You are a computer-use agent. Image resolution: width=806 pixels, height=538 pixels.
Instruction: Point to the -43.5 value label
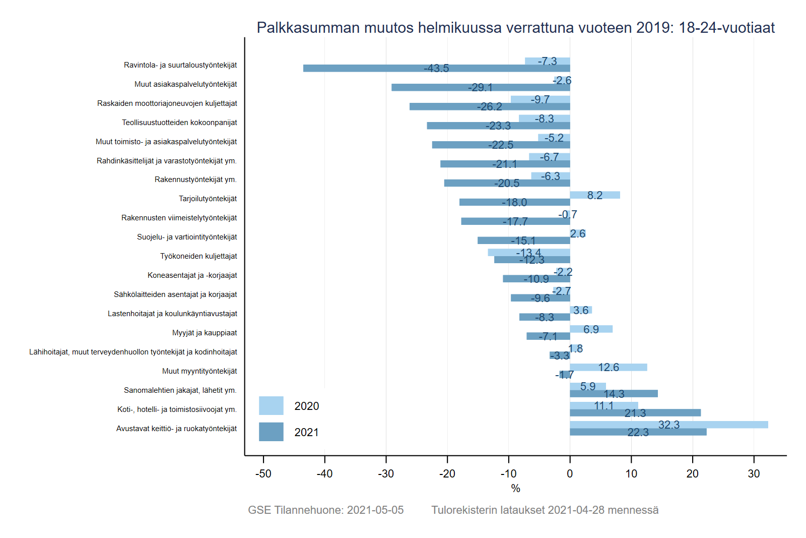pyautogui.click(x=436, y=69)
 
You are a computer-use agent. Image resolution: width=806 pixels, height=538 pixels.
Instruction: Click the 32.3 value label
pyautogui.click(x=668, y=425)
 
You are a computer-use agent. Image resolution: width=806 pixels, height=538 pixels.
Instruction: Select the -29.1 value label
pyautogui.click(x=480, y=88)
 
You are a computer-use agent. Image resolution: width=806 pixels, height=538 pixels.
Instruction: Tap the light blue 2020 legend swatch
pyautogui.click(x=271, y=405)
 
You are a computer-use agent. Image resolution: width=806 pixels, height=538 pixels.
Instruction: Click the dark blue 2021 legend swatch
pyautogui.click(x=271, y=432)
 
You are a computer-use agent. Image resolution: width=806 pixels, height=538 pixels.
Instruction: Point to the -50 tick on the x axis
pyautogui.click(x=263, y=474)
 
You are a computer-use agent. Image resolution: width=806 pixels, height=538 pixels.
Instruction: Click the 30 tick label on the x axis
pyautogui.click(x=754, y=474)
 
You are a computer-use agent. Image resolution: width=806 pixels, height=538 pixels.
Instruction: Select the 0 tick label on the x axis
pyautogui.click(x=570, y=474)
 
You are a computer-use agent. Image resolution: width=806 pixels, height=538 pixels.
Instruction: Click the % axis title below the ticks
pyautogui.click(x=515, y=489)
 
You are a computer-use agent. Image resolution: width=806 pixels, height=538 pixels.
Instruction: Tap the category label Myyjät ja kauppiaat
pyautogui.click(x=205, y=333)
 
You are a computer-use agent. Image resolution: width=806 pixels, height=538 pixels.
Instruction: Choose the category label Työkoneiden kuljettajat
pyautogui.click(x=198, y=256)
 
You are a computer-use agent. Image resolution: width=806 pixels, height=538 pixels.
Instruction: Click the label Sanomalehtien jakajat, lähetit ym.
pyautogui.click(x=180, y=390)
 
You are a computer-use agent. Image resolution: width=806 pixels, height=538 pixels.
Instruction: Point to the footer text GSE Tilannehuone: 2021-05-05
pyautogui.click(x=326, y=510)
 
